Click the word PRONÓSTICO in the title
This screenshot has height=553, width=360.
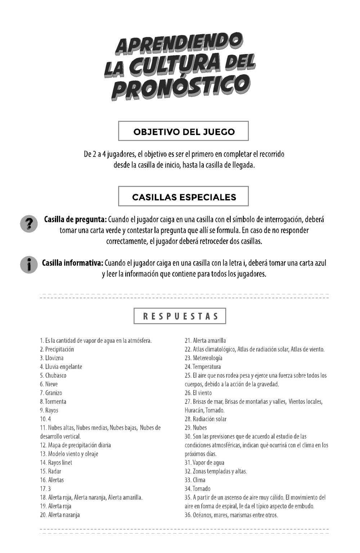pos(179,87)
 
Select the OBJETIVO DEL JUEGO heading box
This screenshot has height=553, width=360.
pos(184,131)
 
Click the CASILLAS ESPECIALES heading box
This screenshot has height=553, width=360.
pos(184,197)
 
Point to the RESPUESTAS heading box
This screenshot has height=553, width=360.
pos(180,316)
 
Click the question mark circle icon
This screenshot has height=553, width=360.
pos(29,224)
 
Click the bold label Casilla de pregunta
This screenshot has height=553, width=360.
pos(75,219)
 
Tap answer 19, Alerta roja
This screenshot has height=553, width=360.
pos(56,506)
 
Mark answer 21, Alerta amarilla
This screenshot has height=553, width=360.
pos(205,340)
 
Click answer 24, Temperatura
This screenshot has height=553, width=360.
pos(203,367)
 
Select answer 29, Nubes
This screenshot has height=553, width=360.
pos(196,428)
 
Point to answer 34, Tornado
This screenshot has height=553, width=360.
pos(198,489)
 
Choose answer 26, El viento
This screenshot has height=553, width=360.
pos(198,393)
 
